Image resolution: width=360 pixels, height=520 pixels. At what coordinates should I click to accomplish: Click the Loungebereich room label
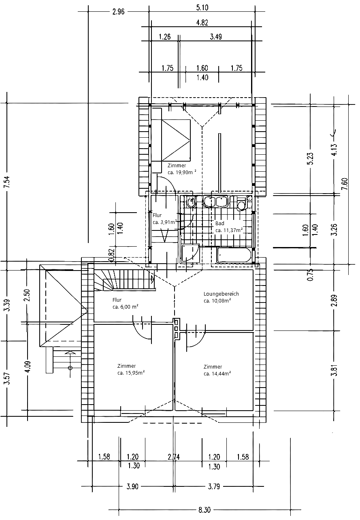pyautogui.click(x=221, y=294)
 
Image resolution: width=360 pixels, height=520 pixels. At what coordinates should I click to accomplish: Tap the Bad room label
pyautogui.click(x=219, y=223)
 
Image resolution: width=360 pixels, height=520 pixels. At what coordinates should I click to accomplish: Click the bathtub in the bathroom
pyautogui.click(x=234, y=255)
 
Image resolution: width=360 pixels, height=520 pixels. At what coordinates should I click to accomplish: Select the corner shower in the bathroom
pyautogui.click(x=190, y=253)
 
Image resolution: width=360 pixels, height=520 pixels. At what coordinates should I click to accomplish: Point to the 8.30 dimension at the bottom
pyautogui.click(x=204, y=510)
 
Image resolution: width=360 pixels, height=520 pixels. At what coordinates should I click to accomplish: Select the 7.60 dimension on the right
pyautogui.click(x=345, y=184)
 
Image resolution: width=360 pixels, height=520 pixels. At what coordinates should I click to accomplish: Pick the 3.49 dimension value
pyautogui.click(x=216, y=37)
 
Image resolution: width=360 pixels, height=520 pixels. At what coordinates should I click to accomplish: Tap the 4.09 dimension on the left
pyautogui.click(x=28, y=367)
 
